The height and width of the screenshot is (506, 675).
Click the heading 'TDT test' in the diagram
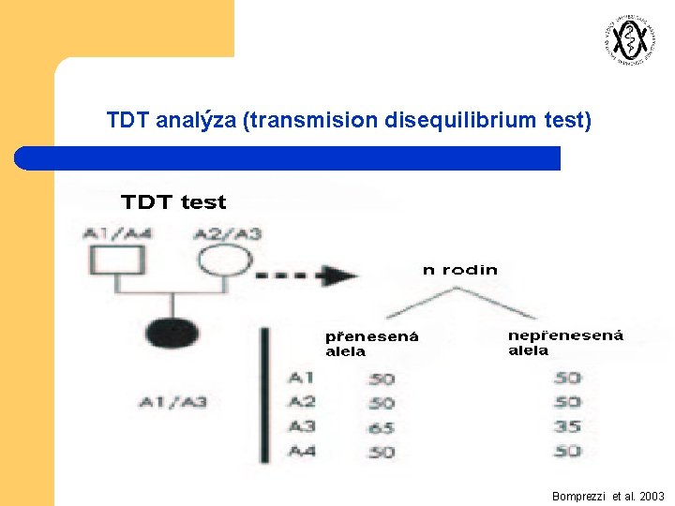coord(173,201)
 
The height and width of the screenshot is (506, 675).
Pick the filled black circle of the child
coord(172,334)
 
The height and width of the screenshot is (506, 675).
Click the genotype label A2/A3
coord(227,233)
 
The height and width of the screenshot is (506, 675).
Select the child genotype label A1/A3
coord(172,402)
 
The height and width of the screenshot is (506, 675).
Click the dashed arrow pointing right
coord(307,275)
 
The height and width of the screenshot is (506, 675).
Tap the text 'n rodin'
coord(459,270)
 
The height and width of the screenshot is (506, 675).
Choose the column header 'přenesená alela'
coord(371,344)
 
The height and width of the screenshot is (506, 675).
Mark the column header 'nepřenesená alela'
coord(565,343)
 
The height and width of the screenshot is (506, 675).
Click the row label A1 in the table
coord(302,378)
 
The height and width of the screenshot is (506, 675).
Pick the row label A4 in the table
coord(302,451)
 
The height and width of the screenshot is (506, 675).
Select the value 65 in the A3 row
coord(382,427)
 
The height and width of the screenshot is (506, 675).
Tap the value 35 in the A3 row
coord(567,426)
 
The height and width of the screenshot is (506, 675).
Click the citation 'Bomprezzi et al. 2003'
coord(608,496)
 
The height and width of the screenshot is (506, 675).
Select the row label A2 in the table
coord(302,402)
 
